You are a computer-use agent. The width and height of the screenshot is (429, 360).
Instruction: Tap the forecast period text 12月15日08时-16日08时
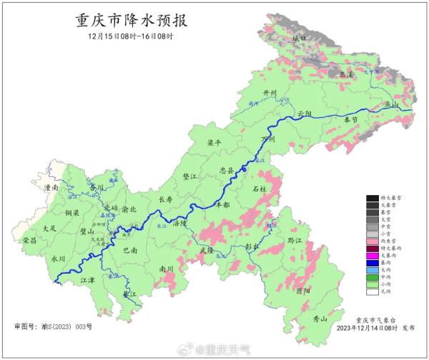click(130, 36)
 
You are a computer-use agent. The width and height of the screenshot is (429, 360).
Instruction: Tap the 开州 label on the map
click(270, 94)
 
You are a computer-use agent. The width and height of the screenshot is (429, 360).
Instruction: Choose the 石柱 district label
click(260, 189)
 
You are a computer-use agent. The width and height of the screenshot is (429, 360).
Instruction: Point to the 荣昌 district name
click(29, 240)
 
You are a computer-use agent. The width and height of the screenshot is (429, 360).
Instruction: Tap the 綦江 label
click(129, 294)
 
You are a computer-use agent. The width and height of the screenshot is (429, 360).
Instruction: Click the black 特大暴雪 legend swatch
click(372, 198)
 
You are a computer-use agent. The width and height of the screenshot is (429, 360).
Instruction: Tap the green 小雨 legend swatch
click(372, 283)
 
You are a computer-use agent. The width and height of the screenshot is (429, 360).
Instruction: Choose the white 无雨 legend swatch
click(372, 291)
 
